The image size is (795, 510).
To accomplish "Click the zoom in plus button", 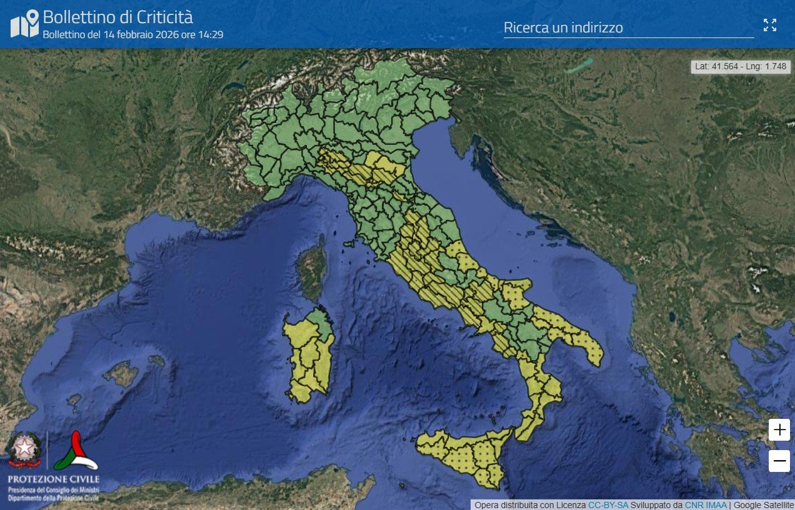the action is [779, 429].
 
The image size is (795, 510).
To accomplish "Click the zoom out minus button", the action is [779, 461].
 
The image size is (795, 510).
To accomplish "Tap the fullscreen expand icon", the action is [770, 25].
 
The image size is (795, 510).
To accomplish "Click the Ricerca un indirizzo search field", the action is [628, 28].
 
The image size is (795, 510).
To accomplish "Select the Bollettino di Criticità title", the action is [117, 16].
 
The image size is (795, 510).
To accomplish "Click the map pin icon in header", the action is [24, 24].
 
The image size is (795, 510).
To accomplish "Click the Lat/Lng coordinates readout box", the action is [741, 66].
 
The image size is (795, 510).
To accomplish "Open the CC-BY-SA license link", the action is [608, 505].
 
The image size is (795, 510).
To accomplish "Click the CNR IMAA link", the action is [706, 505].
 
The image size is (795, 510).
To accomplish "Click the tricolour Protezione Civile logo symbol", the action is [75, 451].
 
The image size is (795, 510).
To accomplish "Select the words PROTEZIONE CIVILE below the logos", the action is [53, 479].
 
